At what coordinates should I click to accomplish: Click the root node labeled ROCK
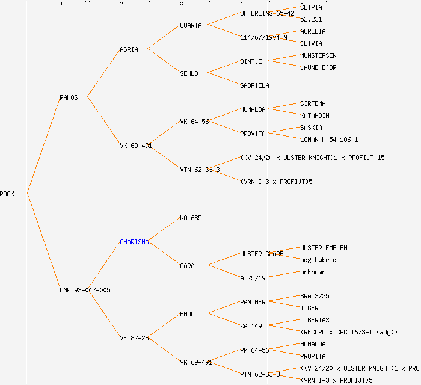[7, 194]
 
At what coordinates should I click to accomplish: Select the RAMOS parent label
[69, 97]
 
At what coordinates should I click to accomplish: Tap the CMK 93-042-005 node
[85, 290]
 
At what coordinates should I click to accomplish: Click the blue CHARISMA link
[134, 242]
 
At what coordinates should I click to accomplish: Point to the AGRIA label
[129, 49]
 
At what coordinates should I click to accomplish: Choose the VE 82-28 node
[134, 338]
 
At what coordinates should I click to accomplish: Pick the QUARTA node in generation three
[191, 25]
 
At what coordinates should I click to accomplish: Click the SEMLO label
[189, 73]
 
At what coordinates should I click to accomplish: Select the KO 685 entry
[191, 218]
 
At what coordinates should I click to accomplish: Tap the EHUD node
[187, 314]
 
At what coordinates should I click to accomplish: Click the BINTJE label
[251, 61]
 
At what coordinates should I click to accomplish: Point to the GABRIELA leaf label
[254, 85]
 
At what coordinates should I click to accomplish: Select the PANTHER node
[253, 302]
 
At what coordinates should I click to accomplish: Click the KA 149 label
[251, 326]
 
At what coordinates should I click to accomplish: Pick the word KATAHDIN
[315, 115]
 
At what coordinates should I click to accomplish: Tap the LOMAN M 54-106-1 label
[329, 140]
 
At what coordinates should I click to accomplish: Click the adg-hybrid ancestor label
[318, 260]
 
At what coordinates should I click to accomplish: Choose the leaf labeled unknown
[313, 272]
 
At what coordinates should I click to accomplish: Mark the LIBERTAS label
[315, 320]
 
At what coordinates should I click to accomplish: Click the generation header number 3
[181, 4]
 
